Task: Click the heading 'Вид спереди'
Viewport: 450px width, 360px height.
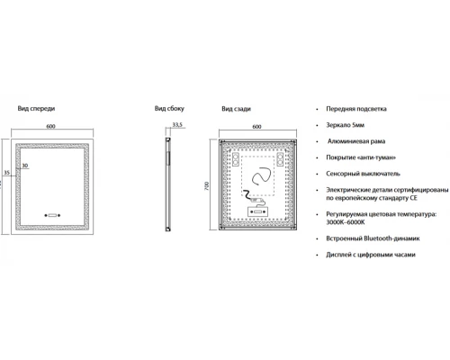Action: tap(36, 108)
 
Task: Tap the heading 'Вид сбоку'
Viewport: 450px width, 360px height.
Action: tap(169, 108)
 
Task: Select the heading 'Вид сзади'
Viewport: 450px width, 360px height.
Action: tap(236, 109)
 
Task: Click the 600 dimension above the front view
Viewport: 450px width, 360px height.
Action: tap(50, 126)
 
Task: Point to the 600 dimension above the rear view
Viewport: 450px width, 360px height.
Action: tap(256, 127)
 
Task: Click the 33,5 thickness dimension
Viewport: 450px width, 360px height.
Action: tap(177, 124)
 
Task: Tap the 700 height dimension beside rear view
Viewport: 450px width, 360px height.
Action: tap(206, 186)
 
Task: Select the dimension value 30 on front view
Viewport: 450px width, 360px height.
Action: tap(25, 166)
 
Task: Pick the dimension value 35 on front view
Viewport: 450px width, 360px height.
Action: tap(6, 173)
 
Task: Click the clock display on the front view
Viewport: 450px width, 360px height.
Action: tap(52, 215)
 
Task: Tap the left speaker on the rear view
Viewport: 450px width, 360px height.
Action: tap(236, 159)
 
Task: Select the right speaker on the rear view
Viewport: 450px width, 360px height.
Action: tap(280, 159)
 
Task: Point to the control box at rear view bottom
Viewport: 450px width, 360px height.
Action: tap(257, 211)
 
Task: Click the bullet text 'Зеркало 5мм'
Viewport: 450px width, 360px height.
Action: tap(346, 125)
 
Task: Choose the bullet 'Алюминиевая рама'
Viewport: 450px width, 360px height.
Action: tap(356, 141)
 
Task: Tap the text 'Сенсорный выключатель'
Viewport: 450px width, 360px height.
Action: tap(363, 174)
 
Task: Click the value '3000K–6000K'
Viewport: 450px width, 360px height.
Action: tap(346, 222)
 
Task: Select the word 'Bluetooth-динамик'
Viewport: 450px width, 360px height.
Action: tap(391, 238)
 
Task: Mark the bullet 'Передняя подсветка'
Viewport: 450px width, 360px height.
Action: tap(356, 109)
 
